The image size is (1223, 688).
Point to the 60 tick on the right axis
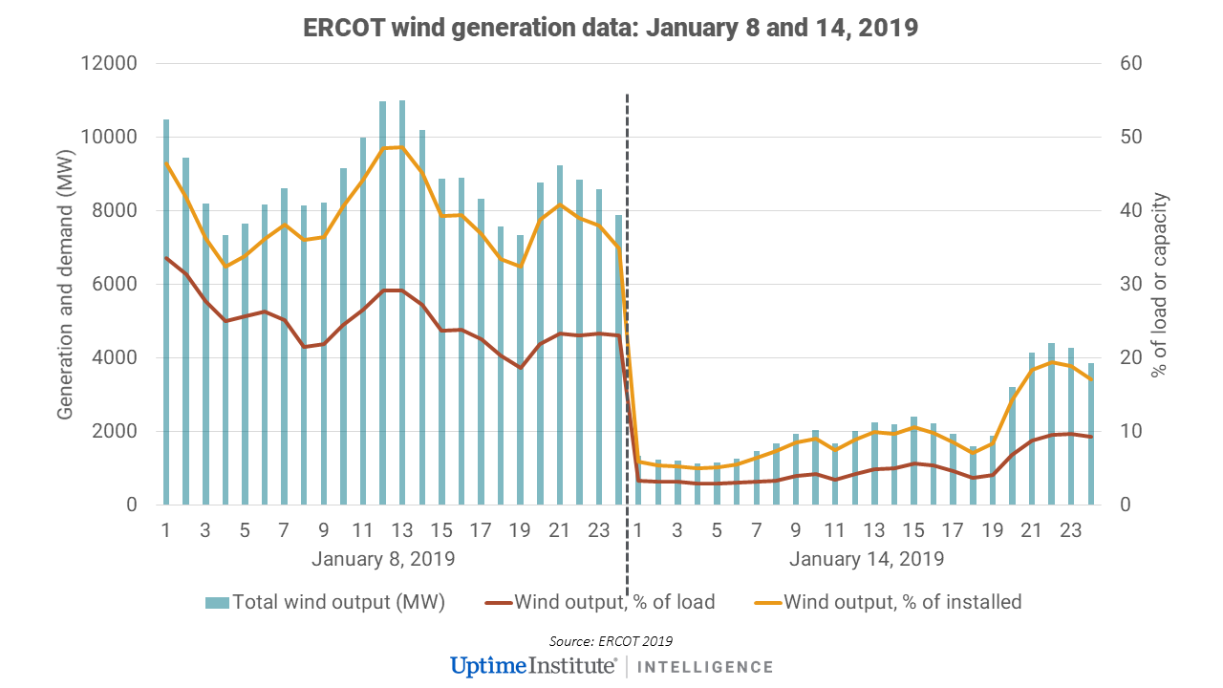click(1119, 64)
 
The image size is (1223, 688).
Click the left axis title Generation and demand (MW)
click(66, 284)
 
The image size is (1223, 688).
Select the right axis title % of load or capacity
click(1160, 284)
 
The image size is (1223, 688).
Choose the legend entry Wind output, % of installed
click(902, 602)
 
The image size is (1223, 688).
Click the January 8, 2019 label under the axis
click(382, 558)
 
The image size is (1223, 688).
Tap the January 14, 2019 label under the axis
click(867, 558)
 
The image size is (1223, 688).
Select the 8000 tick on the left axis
click(118, 211)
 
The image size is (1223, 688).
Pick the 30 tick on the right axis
click(1119, 285)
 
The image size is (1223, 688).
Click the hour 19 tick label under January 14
click(993, 530)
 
